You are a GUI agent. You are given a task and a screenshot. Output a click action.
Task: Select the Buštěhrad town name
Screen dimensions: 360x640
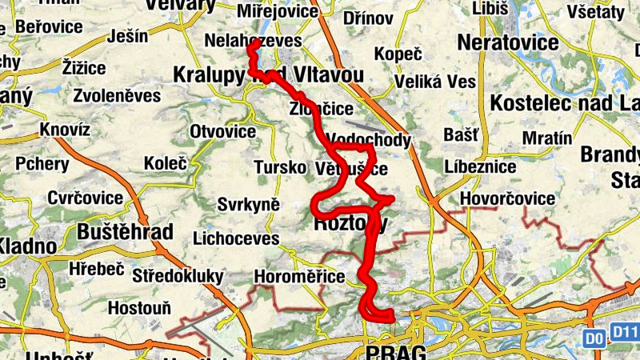click(126, 232)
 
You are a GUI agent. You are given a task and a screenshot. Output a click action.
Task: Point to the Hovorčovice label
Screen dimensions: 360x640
click(508, 198)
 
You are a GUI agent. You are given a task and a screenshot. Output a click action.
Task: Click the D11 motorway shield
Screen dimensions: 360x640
click(624, 331)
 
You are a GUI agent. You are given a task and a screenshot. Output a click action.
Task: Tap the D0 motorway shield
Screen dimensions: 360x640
click(593, 338)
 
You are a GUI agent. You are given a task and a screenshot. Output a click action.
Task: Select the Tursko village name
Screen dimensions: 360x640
click(279, 168)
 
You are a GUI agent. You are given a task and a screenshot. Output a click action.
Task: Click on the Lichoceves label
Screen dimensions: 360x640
click(236, 238)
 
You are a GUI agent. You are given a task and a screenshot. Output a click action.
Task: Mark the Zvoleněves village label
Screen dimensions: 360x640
click(116, 95)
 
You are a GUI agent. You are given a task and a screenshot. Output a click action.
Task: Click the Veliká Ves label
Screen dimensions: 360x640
click(436, 82)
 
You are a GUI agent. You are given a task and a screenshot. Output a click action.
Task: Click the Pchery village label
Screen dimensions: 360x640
click(42, 163)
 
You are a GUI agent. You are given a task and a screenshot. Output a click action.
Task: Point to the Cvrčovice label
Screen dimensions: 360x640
click(85, 198)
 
